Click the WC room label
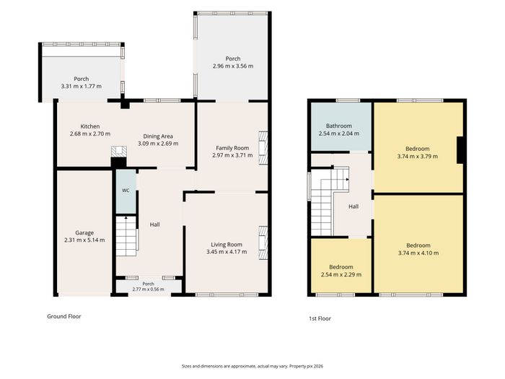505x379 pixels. pos(126,191)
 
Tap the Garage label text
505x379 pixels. pos(84,232)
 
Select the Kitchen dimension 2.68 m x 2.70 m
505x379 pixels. pos(90,134)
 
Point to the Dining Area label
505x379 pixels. pos(158,136)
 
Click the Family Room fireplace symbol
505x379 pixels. pos(263,148)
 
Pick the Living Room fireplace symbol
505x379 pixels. pos(263,243)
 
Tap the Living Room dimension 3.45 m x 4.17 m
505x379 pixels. pos(227,252)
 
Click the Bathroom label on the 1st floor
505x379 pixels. pos(339,126)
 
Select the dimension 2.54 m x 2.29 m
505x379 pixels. pos(341,274)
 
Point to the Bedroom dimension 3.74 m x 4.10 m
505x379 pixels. pos(418,253)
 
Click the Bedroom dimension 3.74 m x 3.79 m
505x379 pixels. pos(418,157)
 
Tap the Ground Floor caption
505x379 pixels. pos(64,316)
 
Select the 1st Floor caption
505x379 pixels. pos(320,318)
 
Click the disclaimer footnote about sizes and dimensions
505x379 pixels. pos(252,366)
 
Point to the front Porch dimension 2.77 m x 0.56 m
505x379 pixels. pos(148,289)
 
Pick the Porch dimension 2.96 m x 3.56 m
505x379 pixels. pos(233,66)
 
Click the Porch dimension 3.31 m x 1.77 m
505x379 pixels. pos(81,86)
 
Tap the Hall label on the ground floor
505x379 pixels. pos(154,225)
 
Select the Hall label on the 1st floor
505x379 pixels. pos(353,206)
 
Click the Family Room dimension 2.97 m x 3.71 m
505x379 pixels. pos(232,155)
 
